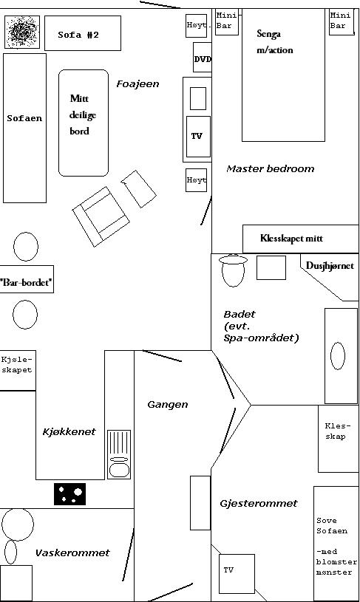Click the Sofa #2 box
pyautogui.click(x=83, y=33)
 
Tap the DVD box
pyautogui.click(x=203, y=57)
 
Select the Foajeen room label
pyautogui.click(x=137, y=84)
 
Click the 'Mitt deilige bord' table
pyautogui.click(x=84, y=123)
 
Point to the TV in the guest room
pyautogui.click(x=237, y=574)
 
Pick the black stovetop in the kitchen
pyautogui.click(x=70, y=493)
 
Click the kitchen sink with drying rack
pyautogui.click(x=119, y=454)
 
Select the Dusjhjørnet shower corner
pyautogui.click(x=330, y=277)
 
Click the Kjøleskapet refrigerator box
pyautogui.click(x=18, y=370)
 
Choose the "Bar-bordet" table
pyautogui.click(x=26, y=283)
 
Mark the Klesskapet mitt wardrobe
pyautogui.click(x=300, y=239)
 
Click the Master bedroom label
pyautogui.click(x=270, y=168)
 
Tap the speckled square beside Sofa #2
pyautogui.click(x=22, y=32)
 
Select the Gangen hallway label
pyautogui.click(x=168, y=405)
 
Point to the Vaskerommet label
pyautogui.click(x=72, y=553)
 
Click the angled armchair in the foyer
pyautogui.click(x=101, y=216)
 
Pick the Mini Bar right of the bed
pyautogui.click(x=342, y=21)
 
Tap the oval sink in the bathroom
pyautogui.click(x=338, y=356)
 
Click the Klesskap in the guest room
pyautogui.click(x=338, y=439)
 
